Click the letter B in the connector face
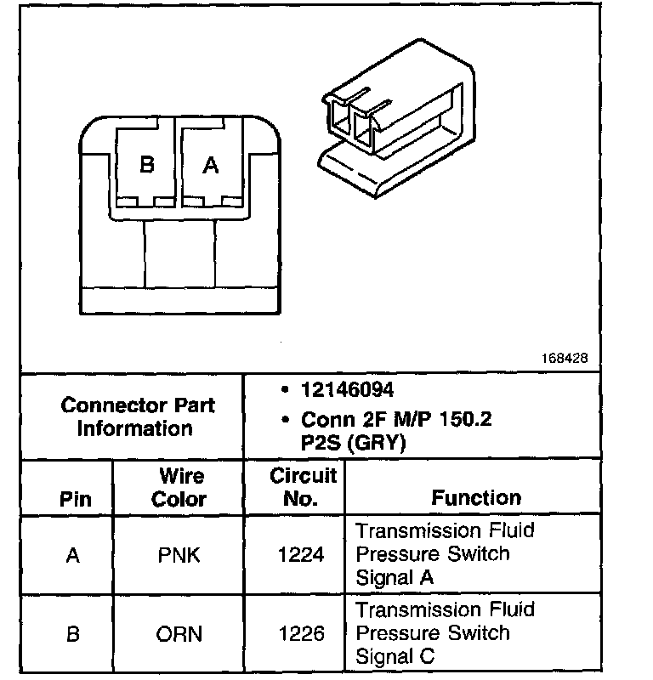point(146,165)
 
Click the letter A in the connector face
point(210,165)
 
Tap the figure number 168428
point(565,359)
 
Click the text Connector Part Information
point(137,416)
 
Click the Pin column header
point(73,498)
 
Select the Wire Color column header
point(179,487)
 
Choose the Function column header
point(475,498)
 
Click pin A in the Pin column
point(73,555)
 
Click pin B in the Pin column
point(73,634)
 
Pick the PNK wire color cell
point(179,555)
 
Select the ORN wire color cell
point(179,634)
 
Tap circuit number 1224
point(301,555)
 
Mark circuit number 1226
point(301,634)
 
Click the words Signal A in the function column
point(395,577)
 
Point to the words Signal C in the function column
point(395,656)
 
